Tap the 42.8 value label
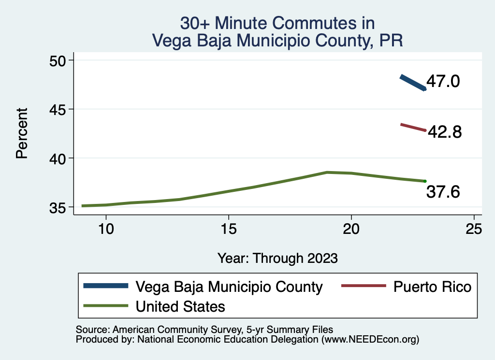pyautogui.click(x=444, y=131)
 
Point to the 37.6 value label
pyautogui.click(x=443, y=192)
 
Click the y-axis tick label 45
pyautogui.click(x=59, y=109)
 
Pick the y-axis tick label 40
pyautogui.click(x=59, y=158)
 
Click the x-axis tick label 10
pyautogui.click(x=106, y=229)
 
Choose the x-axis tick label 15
pyautogui.click(x=229, y=229)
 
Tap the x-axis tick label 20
pyautogui.click(x=351, y=229)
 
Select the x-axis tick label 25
pyautogui.click(x=474, y=229)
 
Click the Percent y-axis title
pyautogui.click(x=21, y=133)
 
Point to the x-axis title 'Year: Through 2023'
pyautogui.click(x=277, y=258)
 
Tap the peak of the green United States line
pyautogui.click(x=327, y=172)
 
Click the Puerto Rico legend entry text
pyautogui.click(x=432, y=287)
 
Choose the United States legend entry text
pyautogui.click(x=180, y=306)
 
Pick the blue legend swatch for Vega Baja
pyautogui.click(x=106, y=286)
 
